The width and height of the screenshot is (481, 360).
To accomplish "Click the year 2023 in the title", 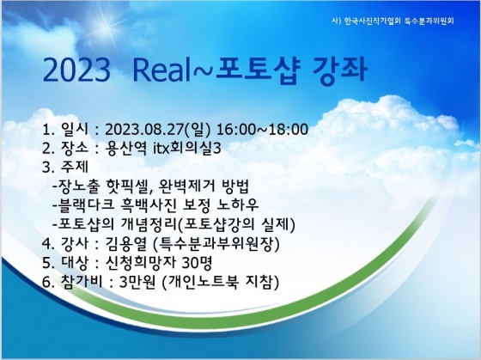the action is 76,70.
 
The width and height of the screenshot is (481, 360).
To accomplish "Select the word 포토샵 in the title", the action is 257,70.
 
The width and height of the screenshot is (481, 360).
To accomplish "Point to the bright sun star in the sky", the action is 105,25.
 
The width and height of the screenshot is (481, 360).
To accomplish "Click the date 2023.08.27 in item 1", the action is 145,130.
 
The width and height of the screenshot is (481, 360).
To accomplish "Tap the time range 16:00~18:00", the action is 263,130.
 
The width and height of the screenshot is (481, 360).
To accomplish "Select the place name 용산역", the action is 125,149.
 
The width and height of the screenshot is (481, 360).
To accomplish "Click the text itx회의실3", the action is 187,149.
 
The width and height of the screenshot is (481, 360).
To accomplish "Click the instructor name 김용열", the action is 125,243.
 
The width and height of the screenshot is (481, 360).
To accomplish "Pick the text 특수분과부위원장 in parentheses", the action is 216,243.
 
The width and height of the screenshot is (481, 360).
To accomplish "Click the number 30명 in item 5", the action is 197,262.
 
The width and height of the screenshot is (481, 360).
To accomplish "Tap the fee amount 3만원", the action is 137,282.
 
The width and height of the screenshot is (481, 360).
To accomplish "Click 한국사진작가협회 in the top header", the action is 373,21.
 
